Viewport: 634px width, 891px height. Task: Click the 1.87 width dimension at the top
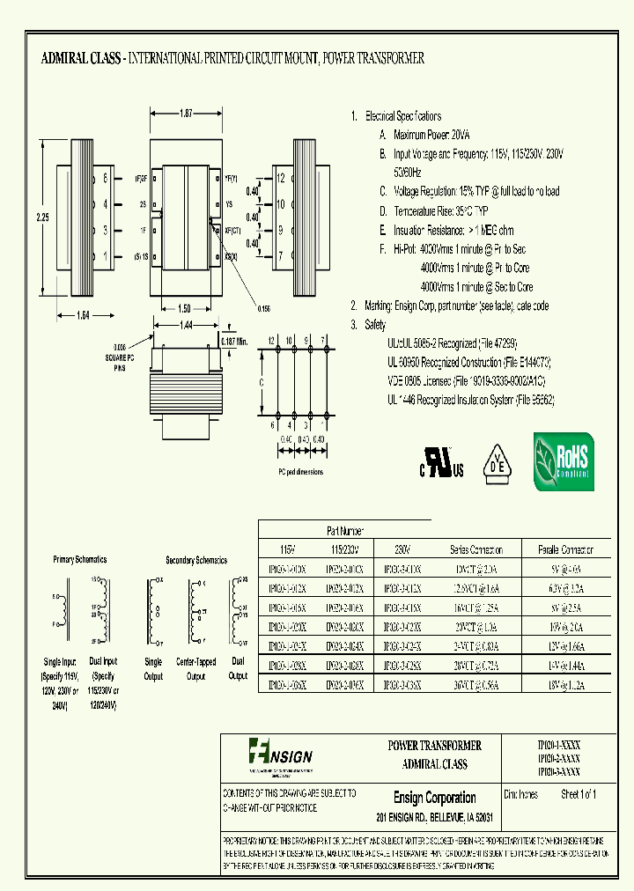[x=186, y=114]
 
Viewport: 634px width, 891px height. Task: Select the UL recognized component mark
[x=440, y=462]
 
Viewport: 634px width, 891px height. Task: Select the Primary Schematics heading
[x=79, y=559]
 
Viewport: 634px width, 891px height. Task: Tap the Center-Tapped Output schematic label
[x=196, y=669]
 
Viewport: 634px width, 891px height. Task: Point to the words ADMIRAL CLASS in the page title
[x=81, y=59]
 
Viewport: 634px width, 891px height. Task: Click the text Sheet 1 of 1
[x=579, y=795]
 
